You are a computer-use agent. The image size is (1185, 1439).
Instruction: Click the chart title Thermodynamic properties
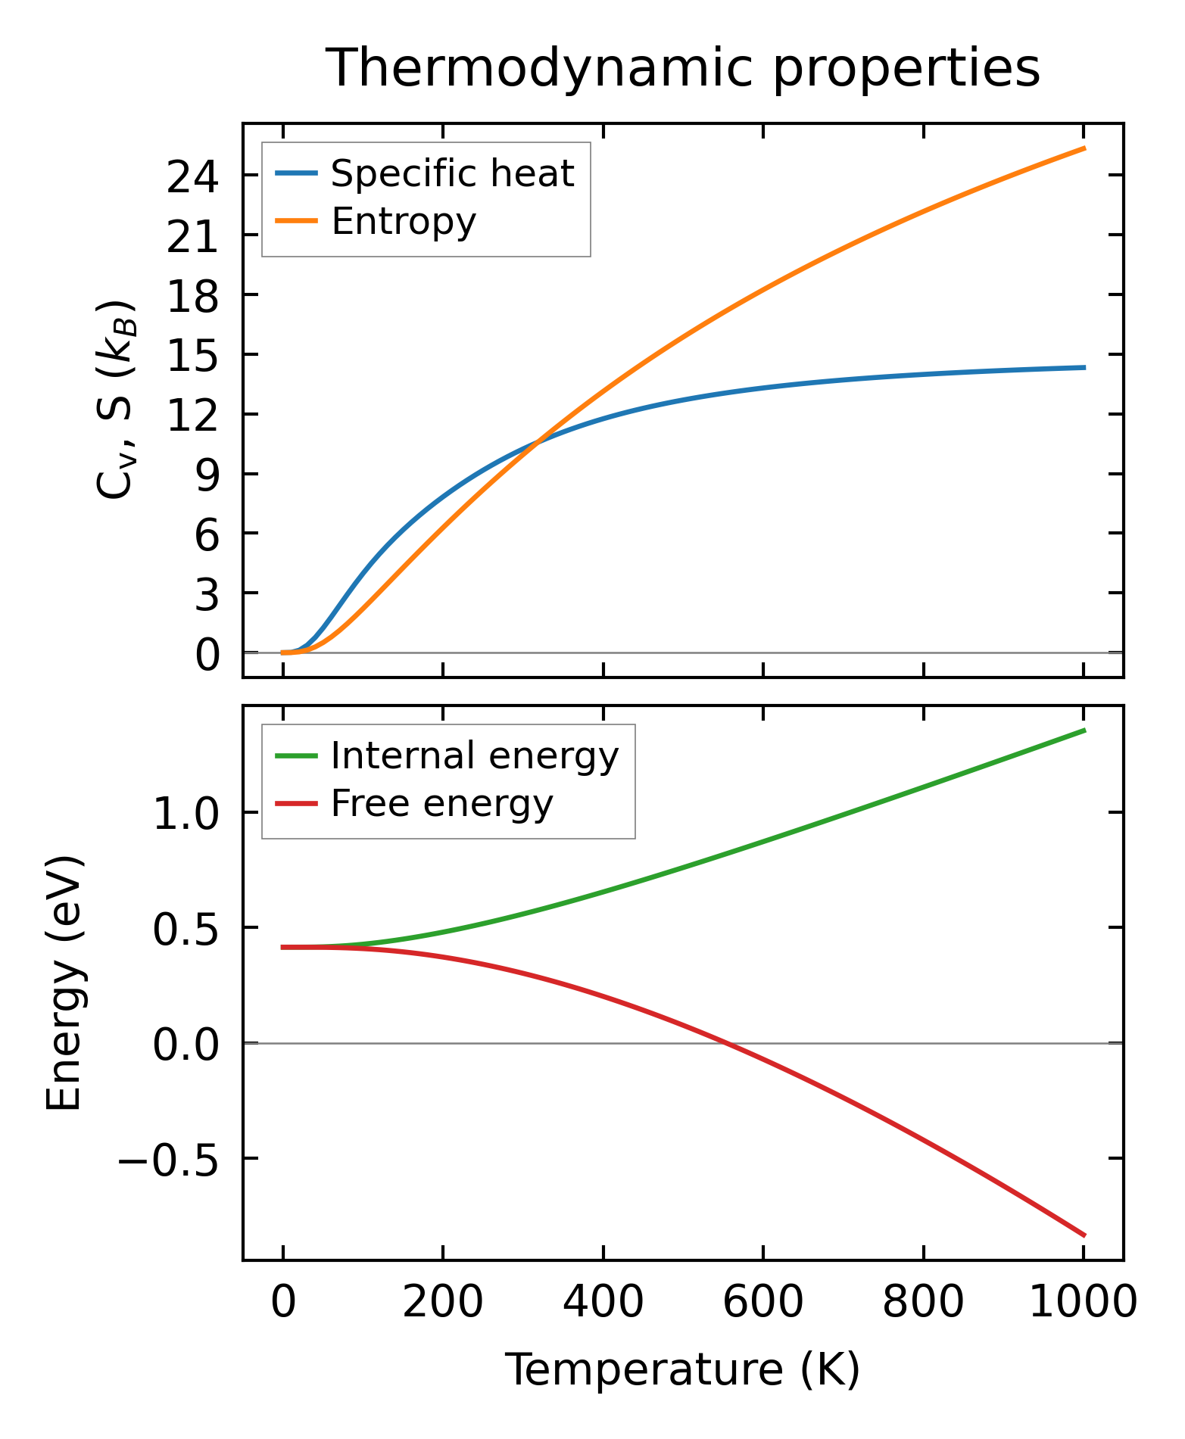pyautogui.click(x=683, y=69)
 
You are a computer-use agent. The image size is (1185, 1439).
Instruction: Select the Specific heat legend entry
pyautogui.click(x=452, y=174)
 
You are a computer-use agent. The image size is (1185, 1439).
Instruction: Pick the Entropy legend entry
pyautogui.click(x=403, y=222)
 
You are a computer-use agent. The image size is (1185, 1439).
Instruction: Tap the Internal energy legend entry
pyautogui.click(x=474, y=756)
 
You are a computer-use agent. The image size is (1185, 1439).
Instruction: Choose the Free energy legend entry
pyautogui.click(x=441, y=804)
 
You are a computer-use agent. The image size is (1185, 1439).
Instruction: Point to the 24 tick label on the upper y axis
pyautogui.click(x=192, y=179)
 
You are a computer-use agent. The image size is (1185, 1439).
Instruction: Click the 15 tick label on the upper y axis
pyautogui.click(x=192, y=357)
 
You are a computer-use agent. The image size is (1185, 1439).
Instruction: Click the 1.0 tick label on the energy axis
pyautogui.click(x=186, y=816)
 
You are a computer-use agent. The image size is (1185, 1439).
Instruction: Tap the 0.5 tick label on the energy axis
pyautogui.click(x=186, y=931)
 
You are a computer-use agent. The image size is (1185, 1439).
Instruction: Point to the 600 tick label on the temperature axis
pyautogui.click(x=762, y=1304)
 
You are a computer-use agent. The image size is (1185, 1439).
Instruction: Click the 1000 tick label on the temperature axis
pyautogui.click(x=1083, y=1304)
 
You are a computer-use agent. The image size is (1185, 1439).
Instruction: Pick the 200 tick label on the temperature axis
pyautogui.click(x=442, y=1304)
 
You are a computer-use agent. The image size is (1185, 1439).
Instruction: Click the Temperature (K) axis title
pyautogui.click(x=682, y=1370)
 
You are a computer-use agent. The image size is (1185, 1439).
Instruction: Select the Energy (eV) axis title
pyautogui.click(x=64, y=983)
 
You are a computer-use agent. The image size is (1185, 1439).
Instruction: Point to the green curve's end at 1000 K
pyautogui.click(x=1084, y=730)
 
